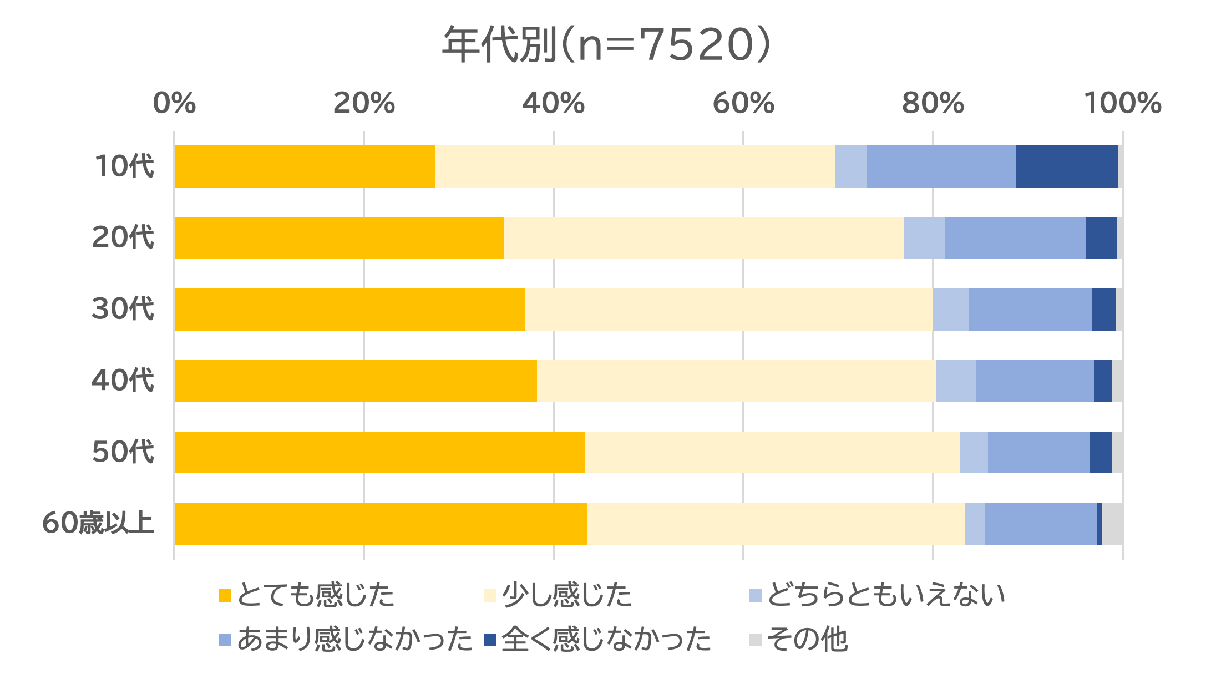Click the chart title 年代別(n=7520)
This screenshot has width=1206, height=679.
pyautogui.click(x=606, y=44)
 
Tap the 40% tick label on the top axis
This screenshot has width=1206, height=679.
pyautogui.click(x=553, y=103)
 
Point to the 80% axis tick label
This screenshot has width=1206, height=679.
pyautogui.click(x=933, y=103)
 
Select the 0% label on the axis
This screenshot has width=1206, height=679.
pyautogui.click(x=174, y=103)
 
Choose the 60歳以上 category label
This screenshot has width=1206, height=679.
pyautogui.click(x=98, y=523)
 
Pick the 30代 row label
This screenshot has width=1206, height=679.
pyautogui.click(x=123, y=309)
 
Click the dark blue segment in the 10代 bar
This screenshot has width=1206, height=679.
pyautogui.click(x=1066, y=166)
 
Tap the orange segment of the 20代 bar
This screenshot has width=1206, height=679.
pyautogui.click(x=339, y=238)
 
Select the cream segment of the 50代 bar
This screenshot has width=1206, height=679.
pyautogui.click(x=772, y=452)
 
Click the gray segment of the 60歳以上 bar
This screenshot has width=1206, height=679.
pyautogui.click(x=1112, y=524)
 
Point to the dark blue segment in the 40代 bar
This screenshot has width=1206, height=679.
pyautogui.click(x=1103, y=381)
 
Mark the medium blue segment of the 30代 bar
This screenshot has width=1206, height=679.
pyautogui.click(x=1030, y=310)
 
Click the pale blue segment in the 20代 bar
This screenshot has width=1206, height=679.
pyautogui.click(x=924, y=238)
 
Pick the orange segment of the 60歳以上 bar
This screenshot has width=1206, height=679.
pyautogui.click(x=381, y=524)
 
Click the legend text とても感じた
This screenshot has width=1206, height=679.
pyautogui.click(x=315, y=595)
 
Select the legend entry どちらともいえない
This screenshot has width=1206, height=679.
pyautogui.click(x=886, y=595)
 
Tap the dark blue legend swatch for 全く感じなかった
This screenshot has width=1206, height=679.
pyautogui.click(x=490, y=640)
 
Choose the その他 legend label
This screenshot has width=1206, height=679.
pyautogui.click(x=807, y=640)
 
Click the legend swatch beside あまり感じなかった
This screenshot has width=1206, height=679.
pyautogui.click(x=225, y=640)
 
